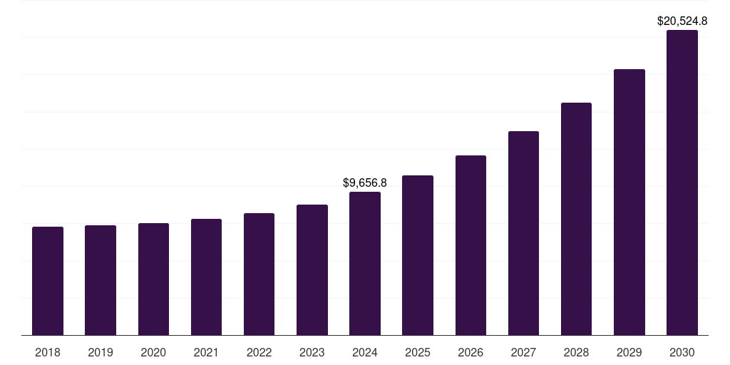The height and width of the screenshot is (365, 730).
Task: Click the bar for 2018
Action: pos(48,281)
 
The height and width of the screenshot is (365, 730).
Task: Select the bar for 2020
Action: pos(153,279)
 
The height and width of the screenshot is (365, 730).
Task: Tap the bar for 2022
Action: pos(259,274)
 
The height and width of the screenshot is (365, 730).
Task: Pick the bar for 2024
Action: pos(365,263)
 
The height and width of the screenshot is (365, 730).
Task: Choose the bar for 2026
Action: pos(471,245)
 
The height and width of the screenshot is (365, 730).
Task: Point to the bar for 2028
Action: pos(576,219)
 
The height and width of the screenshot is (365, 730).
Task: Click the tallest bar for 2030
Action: pos(682,182)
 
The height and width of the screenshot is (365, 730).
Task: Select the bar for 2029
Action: pos(629,202)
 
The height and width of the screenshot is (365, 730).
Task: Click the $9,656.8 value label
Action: pos(365,183)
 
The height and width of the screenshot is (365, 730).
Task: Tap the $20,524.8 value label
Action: pos(682,21)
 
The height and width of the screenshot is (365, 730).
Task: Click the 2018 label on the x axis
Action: pos(48,352)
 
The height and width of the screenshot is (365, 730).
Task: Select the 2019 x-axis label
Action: pos(101,352)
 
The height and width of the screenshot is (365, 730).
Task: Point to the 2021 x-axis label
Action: pos(206,352)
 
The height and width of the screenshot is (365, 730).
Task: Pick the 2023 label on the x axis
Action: pos(312,352)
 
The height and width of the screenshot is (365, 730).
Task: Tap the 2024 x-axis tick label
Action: pos(365,352)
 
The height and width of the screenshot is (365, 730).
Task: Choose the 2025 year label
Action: pos(418,352)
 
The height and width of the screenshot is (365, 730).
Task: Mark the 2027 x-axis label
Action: pos(523,352)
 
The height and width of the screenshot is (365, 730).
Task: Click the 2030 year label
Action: pos(682,352)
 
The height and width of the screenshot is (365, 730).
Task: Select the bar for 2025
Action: pos(418,255)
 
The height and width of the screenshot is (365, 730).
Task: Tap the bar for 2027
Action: pos(523,233)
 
